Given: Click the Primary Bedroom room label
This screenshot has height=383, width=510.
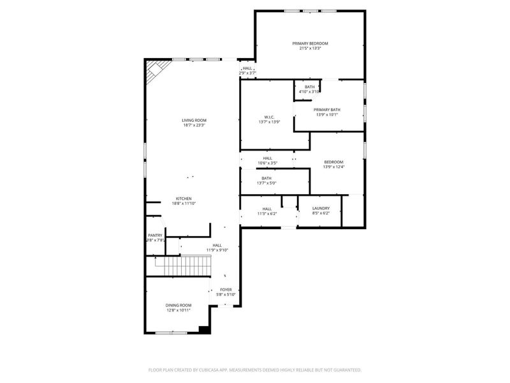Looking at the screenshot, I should tap(310, 43).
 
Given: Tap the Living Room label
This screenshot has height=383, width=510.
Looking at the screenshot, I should tap(194, 120).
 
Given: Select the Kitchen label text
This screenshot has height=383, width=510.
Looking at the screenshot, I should tap(184, 199).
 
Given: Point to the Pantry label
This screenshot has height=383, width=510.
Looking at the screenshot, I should tap(156, 235).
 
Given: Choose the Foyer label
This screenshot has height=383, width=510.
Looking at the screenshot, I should tap(226, 289).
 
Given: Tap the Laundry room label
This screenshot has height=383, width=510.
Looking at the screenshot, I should tap(321, 209).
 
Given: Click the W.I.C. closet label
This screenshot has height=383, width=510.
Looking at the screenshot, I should tap(269, 117).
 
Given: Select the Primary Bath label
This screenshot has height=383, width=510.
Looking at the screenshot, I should tap(327, 110).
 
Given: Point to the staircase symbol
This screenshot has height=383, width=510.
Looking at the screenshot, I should tap(184, 264).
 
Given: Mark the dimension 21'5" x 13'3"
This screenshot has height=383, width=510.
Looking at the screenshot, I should tap(310, 49).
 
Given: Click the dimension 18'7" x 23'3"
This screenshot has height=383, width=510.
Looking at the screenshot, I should tap(194, 125).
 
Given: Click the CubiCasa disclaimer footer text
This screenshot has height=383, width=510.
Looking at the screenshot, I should tap(255, 370).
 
